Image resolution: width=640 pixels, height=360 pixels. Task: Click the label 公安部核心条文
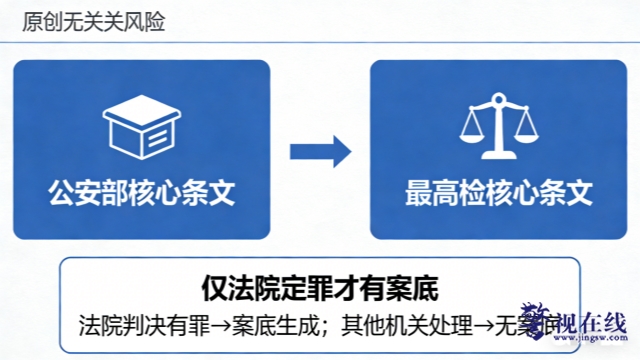pyautogui.click(x=142, y=191)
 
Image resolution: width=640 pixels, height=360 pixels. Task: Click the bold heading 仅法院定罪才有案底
pyautogui.click(x=320, y=289)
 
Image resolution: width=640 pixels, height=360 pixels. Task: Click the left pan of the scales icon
pyautogui.click(x=469, y=134)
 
